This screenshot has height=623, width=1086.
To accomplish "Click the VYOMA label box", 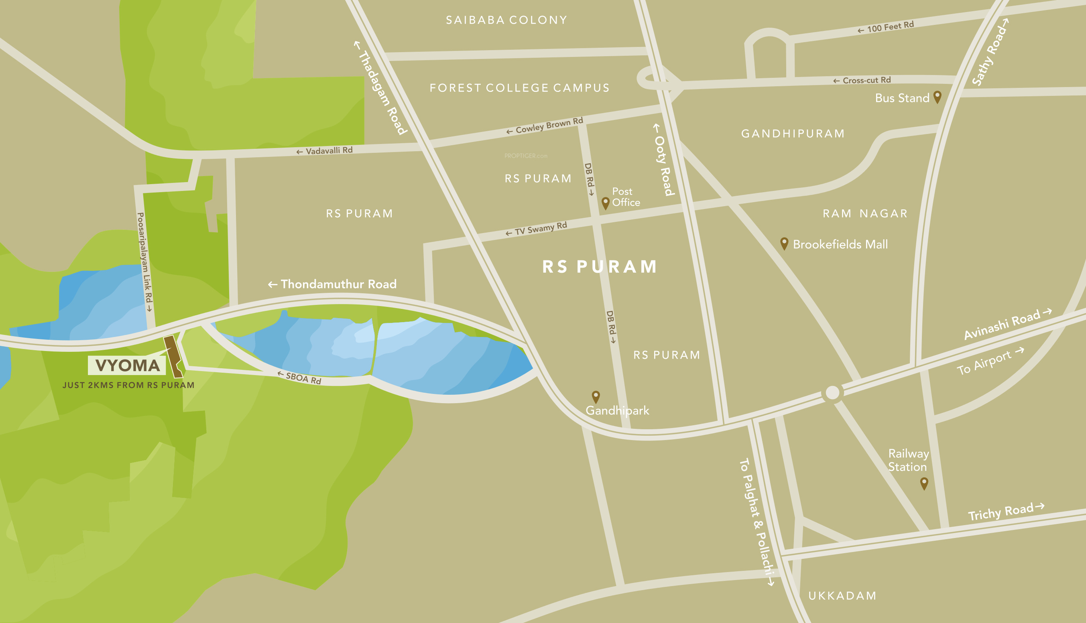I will (x=127, y=365).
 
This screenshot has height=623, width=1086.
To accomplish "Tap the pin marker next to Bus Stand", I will (x=937, y=96).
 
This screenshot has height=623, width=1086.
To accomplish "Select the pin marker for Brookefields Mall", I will (x=784, y=243).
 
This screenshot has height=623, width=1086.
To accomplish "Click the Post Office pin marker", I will (x=605, y=203).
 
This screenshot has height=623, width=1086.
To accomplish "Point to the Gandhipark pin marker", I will (x=596, y=396).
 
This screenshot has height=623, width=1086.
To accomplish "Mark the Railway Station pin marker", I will (x=924, y=483).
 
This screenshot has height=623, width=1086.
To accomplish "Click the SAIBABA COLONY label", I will (x=506, y=20).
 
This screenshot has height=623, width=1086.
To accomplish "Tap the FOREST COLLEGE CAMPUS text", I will (x=519, y=88).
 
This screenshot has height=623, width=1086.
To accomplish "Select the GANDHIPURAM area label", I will (x=793, y=134).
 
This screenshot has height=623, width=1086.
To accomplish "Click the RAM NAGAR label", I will (x=865, y=213).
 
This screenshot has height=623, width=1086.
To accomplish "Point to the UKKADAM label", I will (x=842, y=596).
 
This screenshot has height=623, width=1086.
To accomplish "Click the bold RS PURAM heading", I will (x=599, y=267).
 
